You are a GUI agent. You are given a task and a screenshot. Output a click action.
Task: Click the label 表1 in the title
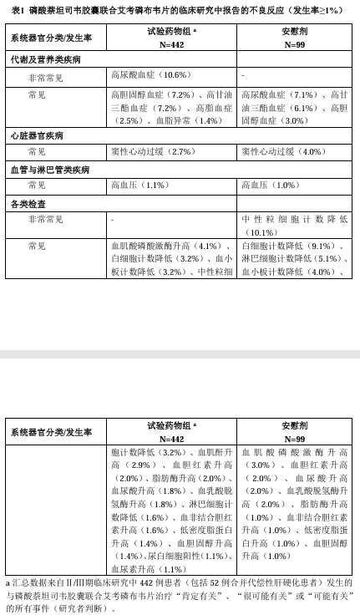[17, 10]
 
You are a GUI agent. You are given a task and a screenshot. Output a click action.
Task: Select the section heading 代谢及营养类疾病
[45, 60]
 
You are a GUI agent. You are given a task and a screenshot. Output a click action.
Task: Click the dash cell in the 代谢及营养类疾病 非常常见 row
[243, 75]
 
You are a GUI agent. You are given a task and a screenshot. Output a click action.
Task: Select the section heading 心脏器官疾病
[37, 135]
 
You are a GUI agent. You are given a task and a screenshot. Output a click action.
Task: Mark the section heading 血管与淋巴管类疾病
[49, 169]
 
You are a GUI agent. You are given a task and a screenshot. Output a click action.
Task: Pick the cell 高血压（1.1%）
[139, 185]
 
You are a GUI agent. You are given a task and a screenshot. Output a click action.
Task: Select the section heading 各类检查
[28, 203]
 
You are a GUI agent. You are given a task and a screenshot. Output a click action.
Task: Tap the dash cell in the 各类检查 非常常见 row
[113, 219]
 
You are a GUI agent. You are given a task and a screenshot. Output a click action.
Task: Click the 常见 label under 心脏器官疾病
[37, 151]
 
